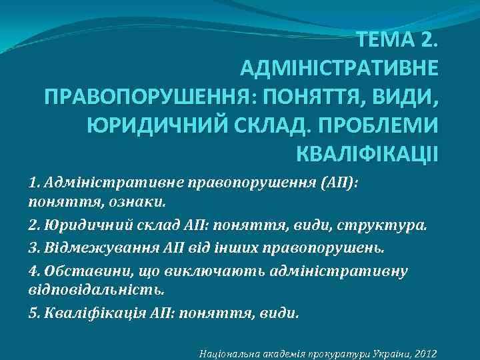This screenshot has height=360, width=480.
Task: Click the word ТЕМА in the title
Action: coord(385,41)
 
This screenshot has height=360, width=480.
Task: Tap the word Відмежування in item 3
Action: coord(90,249)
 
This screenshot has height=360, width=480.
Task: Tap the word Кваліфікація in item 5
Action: coord(85,313)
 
